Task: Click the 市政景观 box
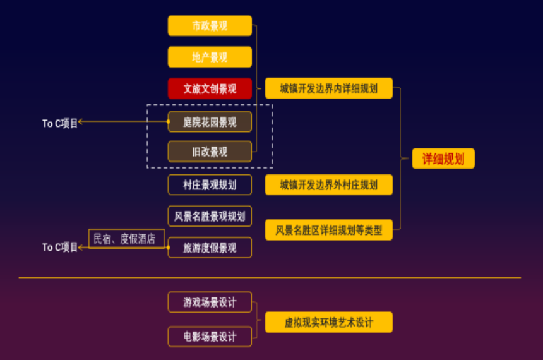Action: tap(210, 26)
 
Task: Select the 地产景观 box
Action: tap(210, 57)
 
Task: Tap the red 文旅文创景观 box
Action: tap(210, 88)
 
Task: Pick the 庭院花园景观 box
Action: tap(210, 122)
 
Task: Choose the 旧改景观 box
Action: tap(210, 152)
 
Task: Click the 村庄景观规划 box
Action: tap(210, 185)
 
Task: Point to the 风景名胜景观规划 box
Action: tap(210, 217)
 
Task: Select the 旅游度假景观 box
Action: tap(210, 248)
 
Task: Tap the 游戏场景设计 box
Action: tap(210, 302)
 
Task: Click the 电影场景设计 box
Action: tap(210, 337)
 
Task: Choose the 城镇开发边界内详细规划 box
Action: tap(328, 88)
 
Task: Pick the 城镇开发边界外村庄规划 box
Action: tap(328, 185)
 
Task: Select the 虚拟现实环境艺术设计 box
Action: tap(328, 322)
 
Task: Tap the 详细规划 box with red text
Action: tap(443, 159)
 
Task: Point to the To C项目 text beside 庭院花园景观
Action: tap(59, 123)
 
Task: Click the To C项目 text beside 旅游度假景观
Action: tap(59, 247)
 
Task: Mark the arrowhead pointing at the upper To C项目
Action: tap(81, 121)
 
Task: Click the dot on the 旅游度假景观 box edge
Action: tap(169, 248)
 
